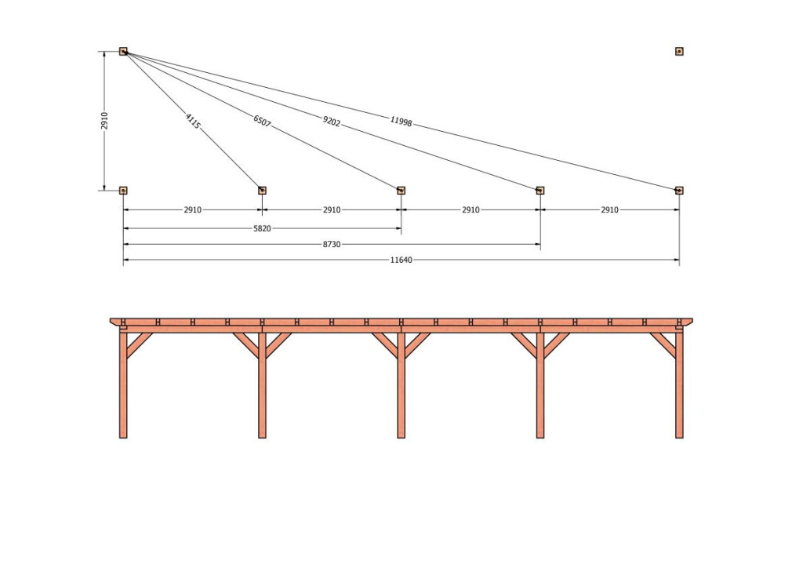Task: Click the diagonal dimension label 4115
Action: tap(193, 121)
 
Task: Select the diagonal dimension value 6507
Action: tap(262, 121)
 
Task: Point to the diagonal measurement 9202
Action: tap(332, 122)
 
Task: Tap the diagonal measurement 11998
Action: tap(401, 122)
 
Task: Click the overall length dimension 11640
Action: tap(401, 260)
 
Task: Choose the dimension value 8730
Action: tap(332, 245)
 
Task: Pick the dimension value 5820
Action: tap(262, 229)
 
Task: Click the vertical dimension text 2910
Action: tap(105, 121)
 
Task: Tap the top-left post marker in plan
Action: tap(123, 51)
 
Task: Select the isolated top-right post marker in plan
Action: tap(679, 51)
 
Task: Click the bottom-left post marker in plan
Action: tap(123, 191)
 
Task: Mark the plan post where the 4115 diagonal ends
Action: tap(262, 191)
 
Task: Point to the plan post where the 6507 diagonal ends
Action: tap(401, 191)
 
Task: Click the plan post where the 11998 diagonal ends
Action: tap(679, 191)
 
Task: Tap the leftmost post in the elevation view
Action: tap(123, 385)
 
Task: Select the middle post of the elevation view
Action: tap(401, 385)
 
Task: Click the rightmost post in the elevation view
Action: tap(679, 385)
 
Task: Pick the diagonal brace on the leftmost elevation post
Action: tap(140, 345)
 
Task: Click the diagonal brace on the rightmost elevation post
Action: tap(663, 345)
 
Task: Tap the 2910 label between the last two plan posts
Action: tap(609, 210)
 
